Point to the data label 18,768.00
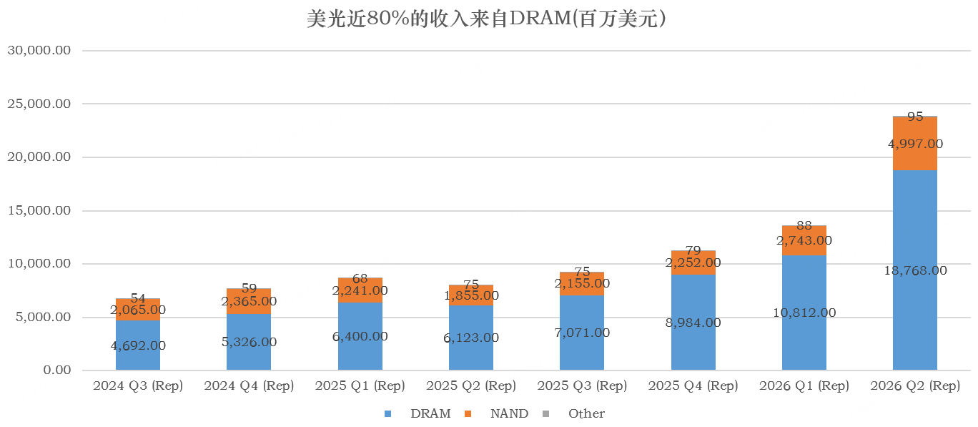click(x=914, y=270)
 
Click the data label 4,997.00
click(x=914, y=144)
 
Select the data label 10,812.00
click(x=804, y=313)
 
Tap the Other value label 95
click(x=914, y=116)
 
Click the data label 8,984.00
click(x=693, y=323)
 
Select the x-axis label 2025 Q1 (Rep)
click(x=360, y=386)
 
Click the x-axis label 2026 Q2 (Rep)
click(x=914, y=386)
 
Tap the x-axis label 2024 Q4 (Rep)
click(x=249, y=386)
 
